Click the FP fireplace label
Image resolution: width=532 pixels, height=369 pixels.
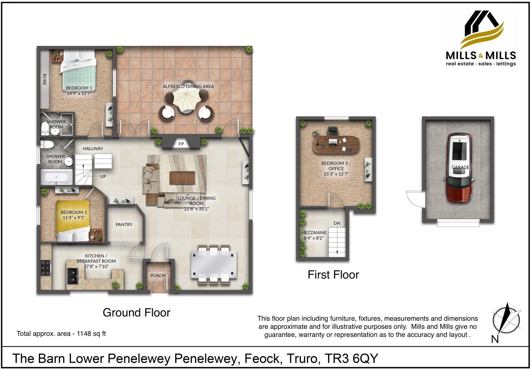(x=181, y=144)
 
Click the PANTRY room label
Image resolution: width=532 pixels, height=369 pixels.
(x=124, y=224)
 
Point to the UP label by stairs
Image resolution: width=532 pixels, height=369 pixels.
(x=103, y=177)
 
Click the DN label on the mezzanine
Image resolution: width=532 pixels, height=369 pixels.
(x=337, y=223)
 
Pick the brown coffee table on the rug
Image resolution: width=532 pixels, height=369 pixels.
(x=182, y=177)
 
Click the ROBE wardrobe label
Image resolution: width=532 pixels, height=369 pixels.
(x=44, y=79)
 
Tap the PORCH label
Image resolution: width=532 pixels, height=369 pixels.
(x=158, y=275)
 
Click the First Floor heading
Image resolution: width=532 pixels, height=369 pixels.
(x=333, y=275)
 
